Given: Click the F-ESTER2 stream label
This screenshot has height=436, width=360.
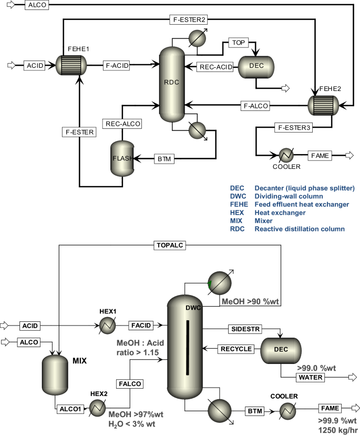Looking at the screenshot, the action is tap(189, 20).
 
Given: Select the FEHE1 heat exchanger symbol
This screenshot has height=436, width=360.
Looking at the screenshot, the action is tap(71, 65).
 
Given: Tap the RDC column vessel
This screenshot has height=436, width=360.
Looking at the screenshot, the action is tap(172, 84).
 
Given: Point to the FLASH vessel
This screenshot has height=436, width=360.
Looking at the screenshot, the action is tap(122, 158).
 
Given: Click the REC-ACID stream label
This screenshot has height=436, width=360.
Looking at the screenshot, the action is tap(215, 67).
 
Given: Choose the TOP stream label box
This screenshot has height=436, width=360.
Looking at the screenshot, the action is tap(238, 43).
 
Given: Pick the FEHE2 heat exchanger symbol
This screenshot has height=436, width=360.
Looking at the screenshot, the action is tap(323, 106).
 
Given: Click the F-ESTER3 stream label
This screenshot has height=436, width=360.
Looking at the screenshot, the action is tap(294, 128).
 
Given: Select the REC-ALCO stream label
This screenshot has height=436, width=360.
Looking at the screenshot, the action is tap(122, 124).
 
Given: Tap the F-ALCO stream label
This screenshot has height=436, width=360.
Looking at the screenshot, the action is tap(255, 106).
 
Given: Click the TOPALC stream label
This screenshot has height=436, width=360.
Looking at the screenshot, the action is tap(170, 245).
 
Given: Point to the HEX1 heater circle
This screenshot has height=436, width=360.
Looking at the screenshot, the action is tap(108, 326).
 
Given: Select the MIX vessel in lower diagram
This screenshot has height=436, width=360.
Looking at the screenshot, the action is tap(55, 375).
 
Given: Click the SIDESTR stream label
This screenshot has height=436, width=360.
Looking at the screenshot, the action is tap(245, 329).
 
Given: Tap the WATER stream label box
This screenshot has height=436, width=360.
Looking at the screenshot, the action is tap(310, 377).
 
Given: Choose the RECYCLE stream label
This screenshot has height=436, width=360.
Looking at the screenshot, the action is tap(236, 349).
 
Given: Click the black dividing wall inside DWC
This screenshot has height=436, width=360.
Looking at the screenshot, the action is tap(188, 348).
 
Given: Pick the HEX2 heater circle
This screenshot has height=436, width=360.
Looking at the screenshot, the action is tap(98, 408).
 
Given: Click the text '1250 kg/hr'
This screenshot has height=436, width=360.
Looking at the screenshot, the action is tap(338, 430).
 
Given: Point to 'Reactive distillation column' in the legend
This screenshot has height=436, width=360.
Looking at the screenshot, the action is tap(300, 229).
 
